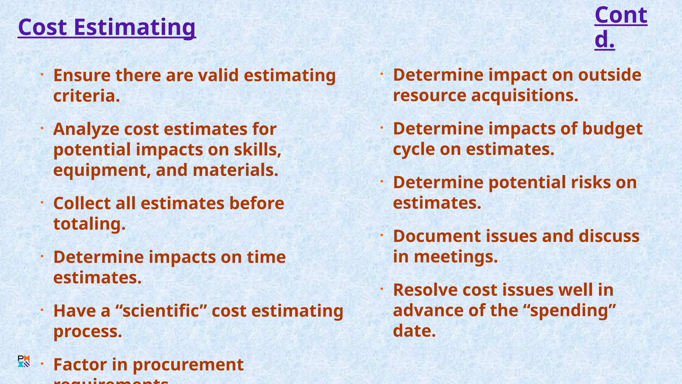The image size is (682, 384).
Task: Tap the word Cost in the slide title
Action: click(x=43, y=27)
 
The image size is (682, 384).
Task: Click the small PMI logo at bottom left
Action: click(x=24, y=361)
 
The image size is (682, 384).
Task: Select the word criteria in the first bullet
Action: click(x=86, y=96)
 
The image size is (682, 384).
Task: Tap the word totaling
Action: click(x=89, y=224)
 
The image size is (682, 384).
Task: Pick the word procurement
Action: click(x=188, y=365)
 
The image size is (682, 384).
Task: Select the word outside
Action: click(x=609, y=75)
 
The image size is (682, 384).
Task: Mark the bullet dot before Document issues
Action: click(x=382, y=235)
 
